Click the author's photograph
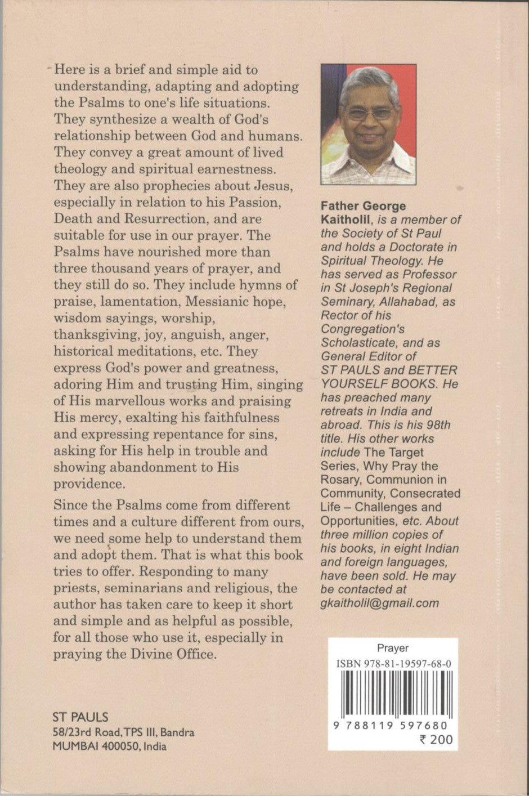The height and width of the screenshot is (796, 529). pyautogui.click(x=368, y=124)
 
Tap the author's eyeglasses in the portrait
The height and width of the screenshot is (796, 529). pyautogui.click(x=369, y=113)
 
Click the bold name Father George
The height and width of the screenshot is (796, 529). pyautogui.click(x=363, y=206)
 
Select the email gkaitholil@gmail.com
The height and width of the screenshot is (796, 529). pyautogui.click(x=379, y=603)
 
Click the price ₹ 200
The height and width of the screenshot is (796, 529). pyautogui.click(x=436, y=740)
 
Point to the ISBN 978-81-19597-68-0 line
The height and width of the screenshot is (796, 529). pyautogui.click(x=393, y=664)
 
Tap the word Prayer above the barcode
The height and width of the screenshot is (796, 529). pyautogui.click(x=393, y=649)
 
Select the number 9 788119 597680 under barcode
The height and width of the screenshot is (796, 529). pyautogui.click(x=391, y=726)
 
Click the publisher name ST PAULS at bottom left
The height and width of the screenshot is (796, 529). pyautogui.click(x=80, y=717)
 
